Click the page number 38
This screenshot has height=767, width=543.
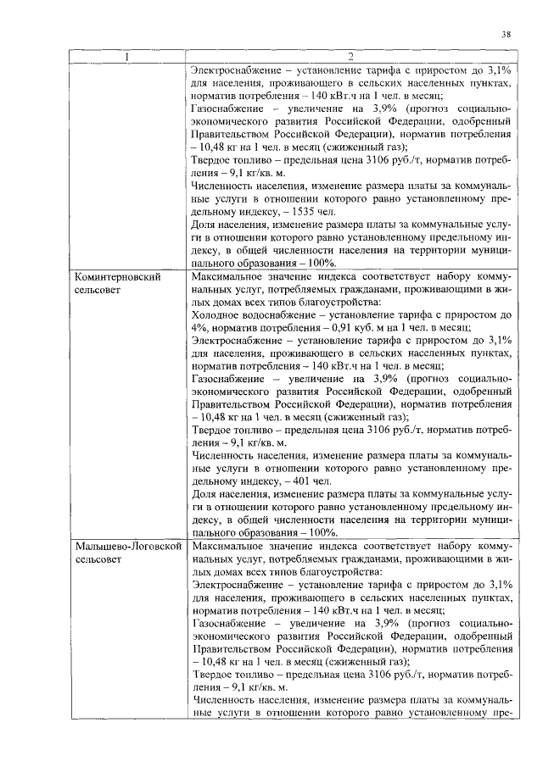pos(506,35)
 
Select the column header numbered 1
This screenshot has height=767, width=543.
pos(127,57)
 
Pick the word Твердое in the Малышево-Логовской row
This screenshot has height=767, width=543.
pos(212,675)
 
